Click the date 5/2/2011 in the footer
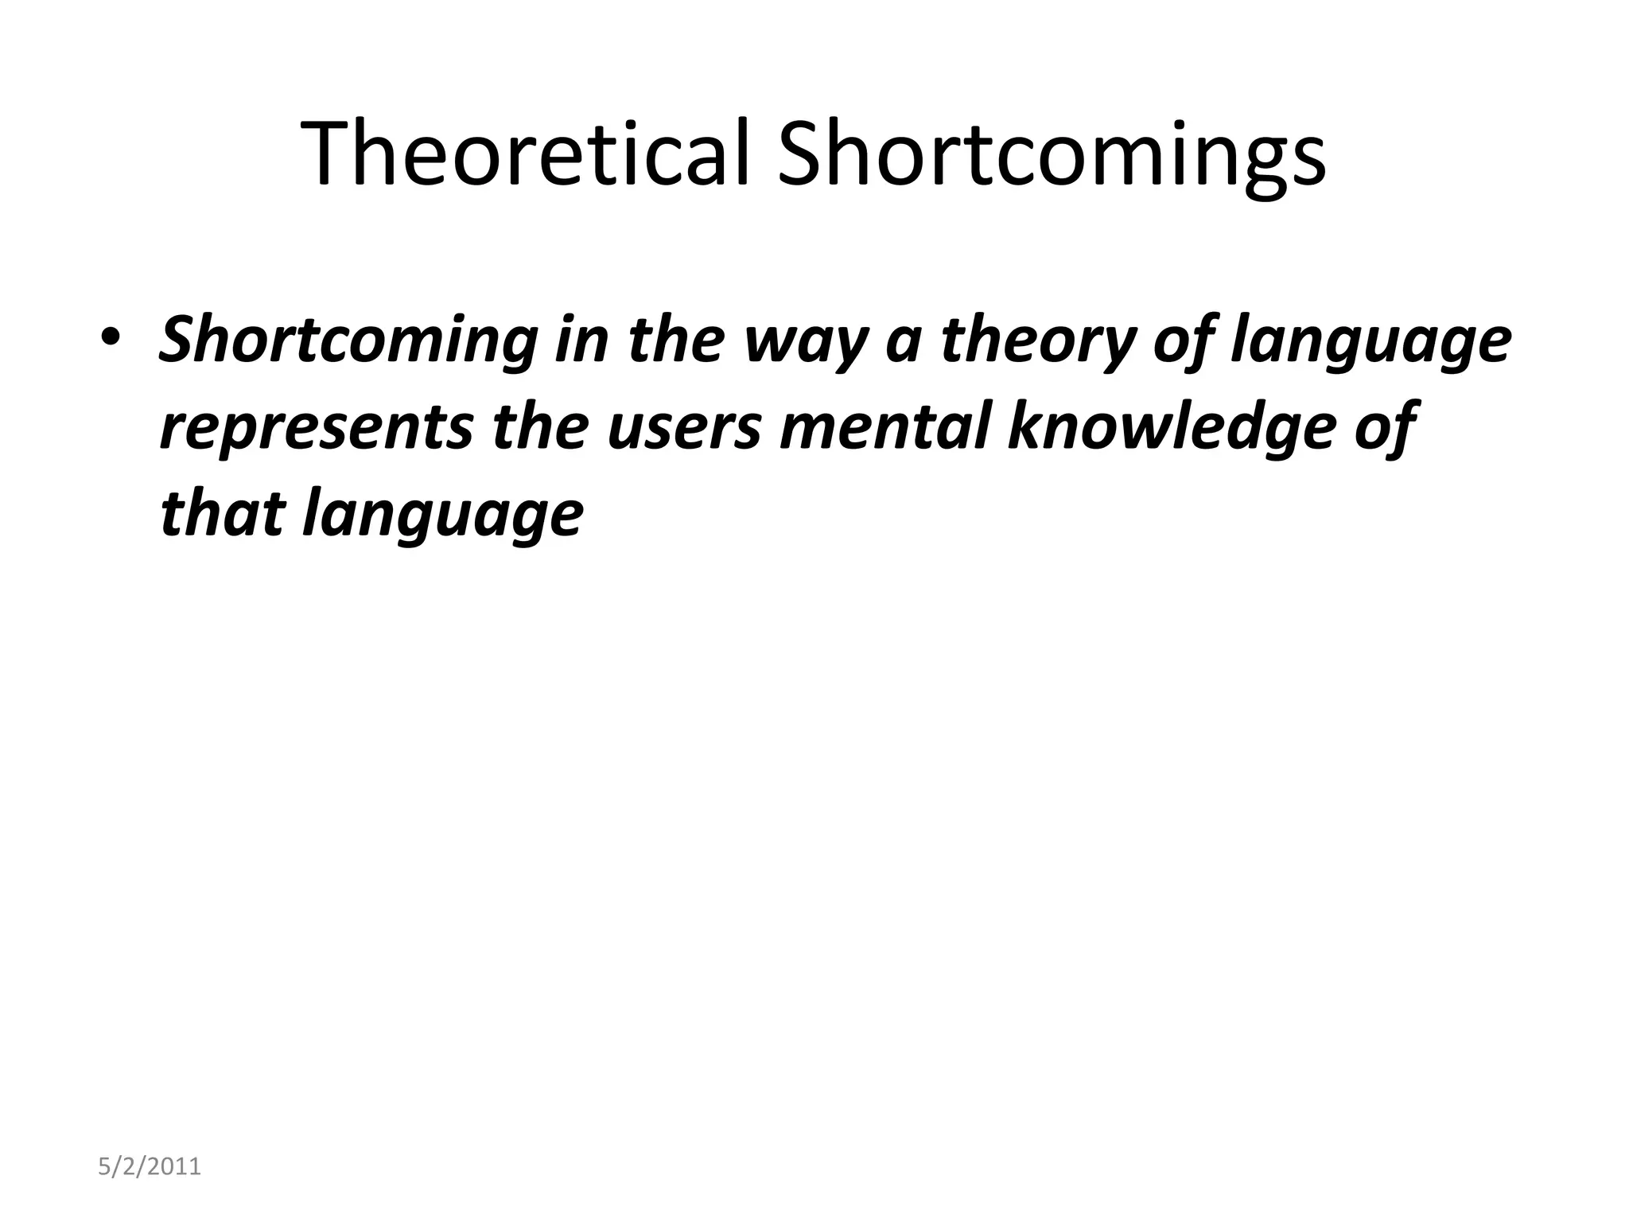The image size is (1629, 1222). pyautogui.click(x=149, y=1167)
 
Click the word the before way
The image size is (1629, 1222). pyautogui.click(x=673, y=339)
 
